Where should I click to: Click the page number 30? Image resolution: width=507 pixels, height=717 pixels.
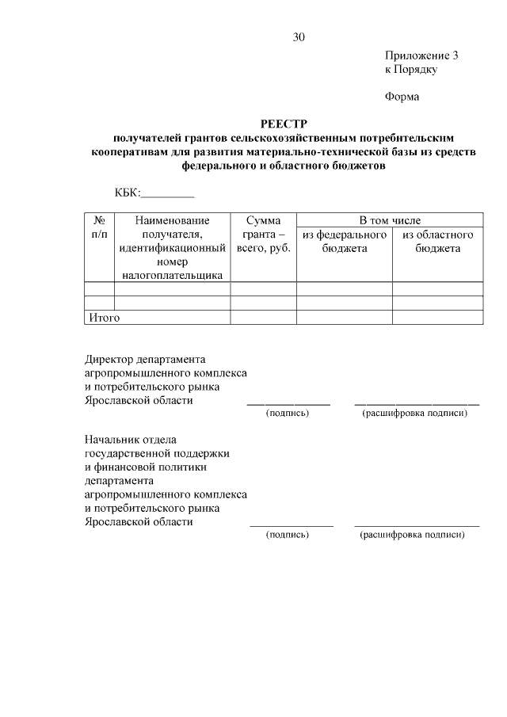298,37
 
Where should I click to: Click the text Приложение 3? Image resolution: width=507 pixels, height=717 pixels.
421,55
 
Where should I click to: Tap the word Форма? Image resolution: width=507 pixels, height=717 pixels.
402,97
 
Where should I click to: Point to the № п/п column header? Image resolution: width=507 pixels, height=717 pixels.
100,227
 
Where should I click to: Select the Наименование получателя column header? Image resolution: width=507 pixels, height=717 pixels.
172,246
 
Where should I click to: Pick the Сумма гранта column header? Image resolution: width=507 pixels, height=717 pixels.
264,235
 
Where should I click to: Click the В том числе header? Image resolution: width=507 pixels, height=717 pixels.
390,220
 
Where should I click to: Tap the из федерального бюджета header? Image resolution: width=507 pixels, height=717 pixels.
344,242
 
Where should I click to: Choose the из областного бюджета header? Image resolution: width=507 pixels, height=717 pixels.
437,242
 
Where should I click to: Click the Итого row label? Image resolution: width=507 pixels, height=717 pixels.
103,318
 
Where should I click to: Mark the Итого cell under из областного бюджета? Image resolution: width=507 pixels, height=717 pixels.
437,318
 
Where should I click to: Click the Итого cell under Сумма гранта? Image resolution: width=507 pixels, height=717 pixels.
264,318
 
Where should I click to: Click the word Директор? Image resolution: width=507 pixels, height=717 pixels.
109,358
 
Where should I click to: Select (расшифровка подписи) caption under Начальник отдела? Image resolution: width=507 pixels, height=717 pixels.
412,535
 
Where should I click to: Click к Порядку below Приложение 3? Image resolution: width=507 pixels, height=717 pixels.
411,70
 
